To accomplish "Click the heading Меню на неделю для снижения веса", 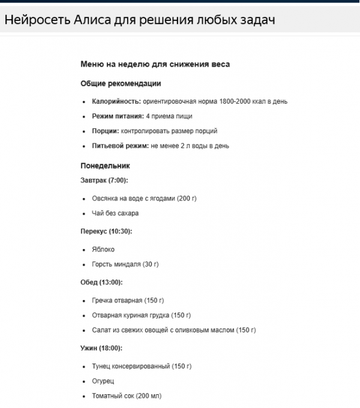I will [155, 64].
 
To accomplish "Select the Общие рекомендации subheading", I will [121, 83].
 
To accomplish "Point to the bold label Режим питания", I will [118, 116].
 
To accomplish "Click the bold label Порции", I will [105, 131].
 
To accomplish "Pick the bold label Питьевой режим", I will [120, 146].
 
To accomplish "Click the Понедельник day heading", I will [105, 166].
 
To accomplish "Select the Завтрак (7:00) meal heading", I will [104, 180].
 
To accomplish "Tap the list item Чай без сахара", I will [115, 213].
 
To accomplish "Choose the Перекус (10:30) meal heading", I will [106, 231].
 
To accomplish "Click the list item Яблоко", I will [103, 249].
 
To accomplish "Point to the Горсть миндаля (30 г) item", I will [125, 264].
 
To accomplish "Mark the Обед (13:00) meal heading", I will [101, 282].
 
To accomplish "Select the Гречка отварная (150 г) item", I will [128, 300].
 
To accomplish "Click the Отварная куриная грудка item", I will [141, 315].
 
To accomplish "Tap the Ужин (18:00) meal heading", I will [101, 348].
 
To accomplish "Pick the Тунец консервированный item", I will [142, 366].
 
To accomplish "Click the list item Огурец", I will [103, 381].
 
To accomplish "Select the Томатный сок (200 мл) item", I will [127, 396].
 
